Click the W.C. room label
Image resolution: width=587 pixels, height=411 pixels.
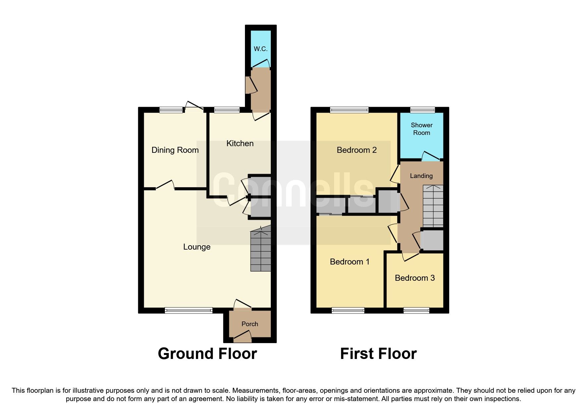[x=261, y=49]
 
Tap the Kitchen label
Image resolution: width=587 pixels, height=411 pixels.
[x=240, y=144]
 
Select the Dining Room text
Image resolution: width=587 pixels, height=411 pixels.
[x=175, y=150]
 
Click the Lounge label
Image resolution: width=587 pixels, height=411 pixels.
[x=197, y=247]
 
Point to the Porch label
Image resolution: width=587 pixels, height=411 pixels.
[x=250, y=324]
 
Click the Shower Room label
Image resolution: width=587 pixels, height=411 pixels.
[x=422, y=129]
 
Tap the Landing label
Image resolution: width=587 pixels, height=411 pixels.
[x=421, y=176]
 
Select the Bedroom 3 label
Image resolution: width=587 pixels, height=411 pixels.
[x=415, y=278]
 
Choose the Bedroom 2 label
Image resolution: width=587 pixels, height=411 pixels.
[x=357, y=150]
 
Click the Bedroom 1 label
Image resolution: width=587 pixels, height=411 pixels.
[x=350, y=262]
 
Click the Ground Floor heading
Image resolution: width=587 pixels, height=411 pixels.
[x=207, y=354]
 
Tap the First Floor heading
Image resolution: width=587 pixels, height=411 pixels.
[x=378, y=354]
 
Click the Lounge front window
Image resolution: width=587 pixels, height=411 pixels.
[x=189, y=310]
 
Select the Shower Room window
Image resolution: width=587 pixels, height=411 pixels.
[x=422, y=110]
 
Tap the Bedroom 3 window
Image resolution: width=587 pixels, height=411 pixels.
[x=416, y=310]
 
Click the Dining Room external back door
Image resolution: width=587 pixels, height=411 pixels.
[x=194, y=107]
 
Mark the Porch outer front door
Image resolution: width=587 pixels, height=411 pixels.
[x=242, y=338]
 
